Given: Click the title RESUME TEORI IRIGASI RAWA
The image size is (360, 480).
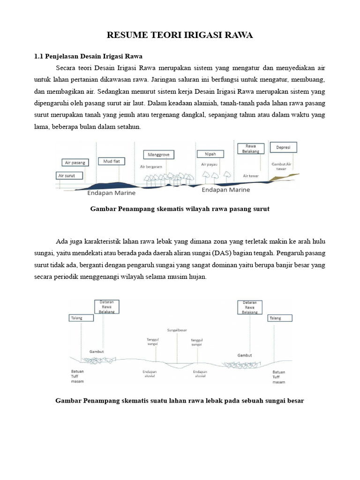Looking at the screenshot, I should [180, 36].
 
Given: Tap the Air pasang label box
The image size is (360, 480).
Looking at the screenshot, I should [75, 163].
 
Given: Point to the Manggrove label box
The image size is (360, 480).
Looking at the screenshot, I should [159, 154].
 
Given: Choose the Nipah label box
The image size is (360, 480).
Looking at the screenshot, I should [210, 154].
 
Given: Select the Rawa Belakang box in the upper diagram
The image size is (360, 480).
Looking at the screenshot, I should [251, 149].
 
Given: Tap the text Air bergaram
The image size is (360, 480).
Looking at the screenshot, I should [150, 166].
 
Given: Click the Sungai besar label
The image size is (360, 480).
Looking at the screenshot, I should [177, 330].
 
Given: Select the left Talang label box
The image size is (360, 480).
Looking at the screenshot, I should [77, 318].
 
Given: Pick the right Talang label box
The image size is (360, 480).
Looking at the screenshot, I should [280, 318].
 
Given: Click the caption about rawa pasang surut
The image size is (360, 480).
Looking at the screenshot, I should [180, 209].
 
